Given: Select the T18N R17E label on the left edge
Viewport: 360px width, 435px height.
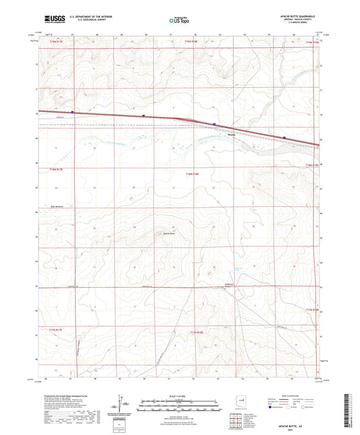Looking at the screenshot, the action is (x=53, y=169).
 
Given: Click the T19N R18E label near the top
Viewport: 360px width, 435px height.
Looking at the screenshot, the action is (x=191, y=42).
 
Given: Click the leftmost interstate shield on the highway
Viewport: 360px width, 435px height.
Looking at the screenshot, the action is (x=72, y=112).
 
